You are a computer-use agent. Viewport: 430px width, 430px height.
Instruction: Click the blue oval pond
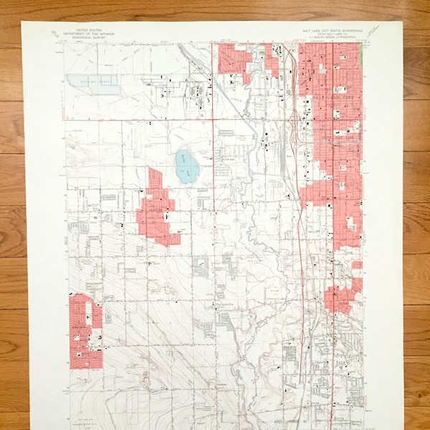click(x=186, y=166)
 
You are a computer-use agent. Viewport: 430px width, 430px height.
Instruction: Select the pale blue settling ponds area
click(x=93, y=84)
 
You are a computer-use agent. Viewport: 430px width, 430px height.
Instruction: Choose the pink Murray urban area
click(x=341, y=295)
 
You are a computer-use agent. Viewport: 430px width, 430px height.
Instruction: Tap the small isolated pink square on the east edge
click(x=356, y=264)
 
